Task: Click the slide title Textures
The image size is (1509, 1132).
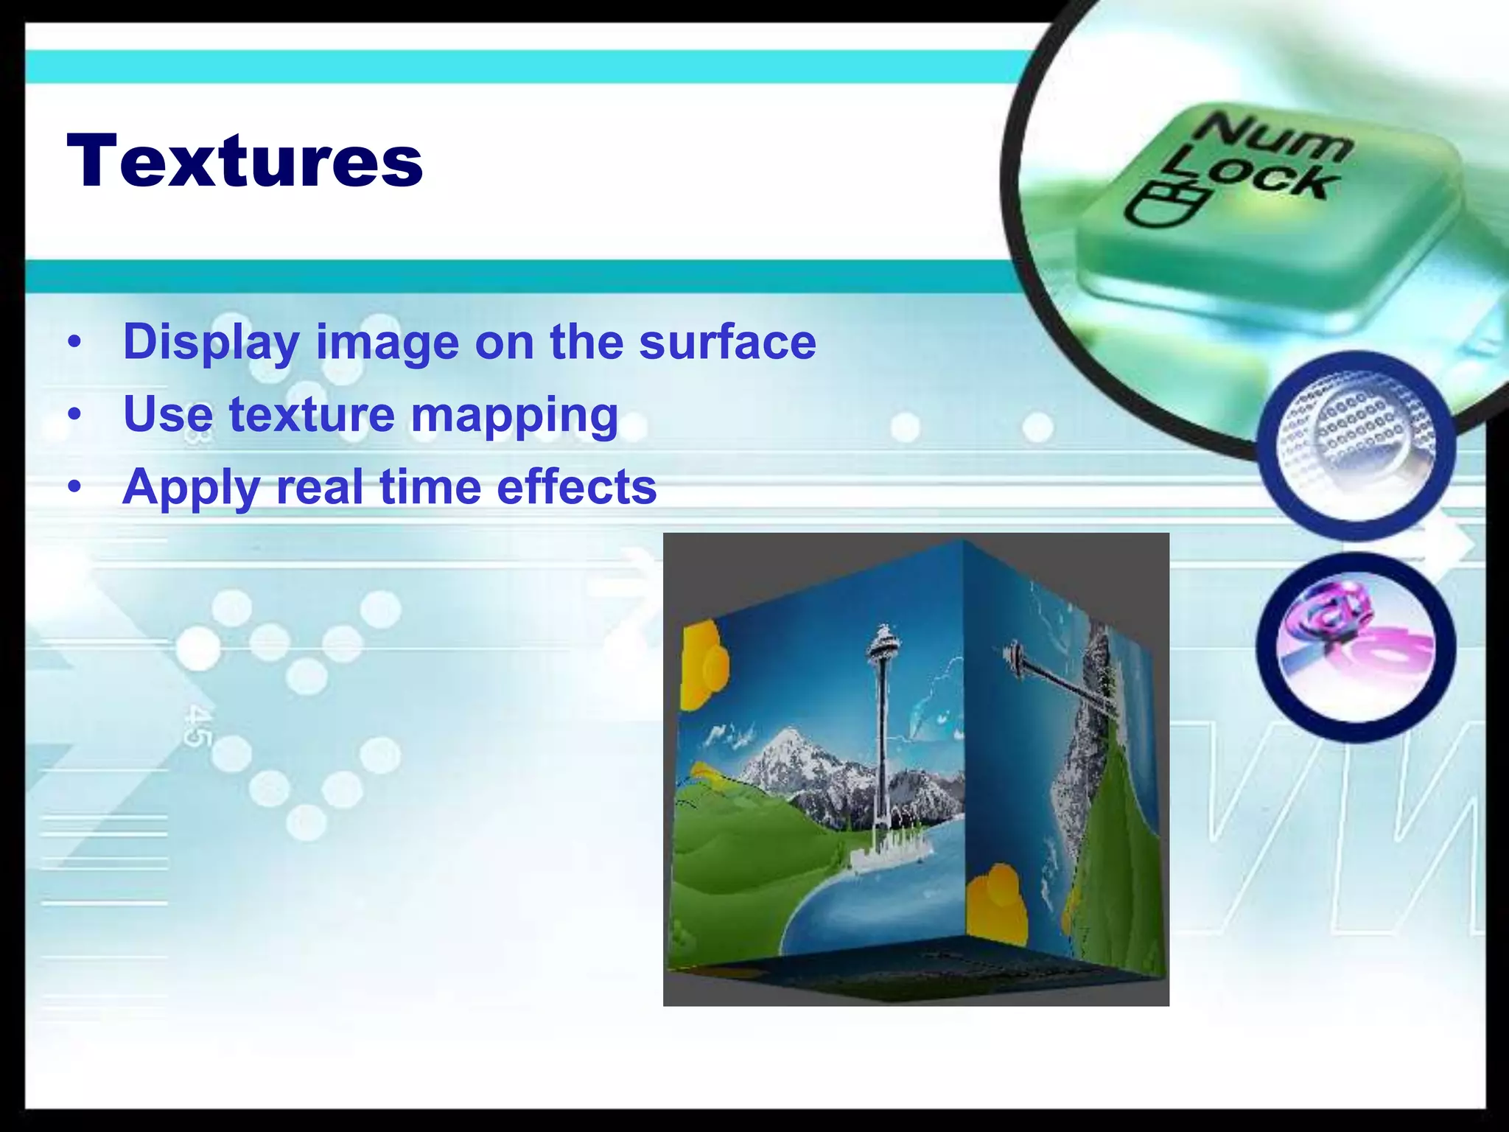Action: coord(245,161)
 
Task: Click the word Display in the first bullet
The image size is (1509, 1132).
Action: coord(211,343)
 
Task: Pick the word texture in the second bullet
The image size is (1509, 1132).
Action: coord(312,415)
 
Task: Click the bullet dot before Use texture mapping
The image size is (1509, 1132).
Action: coord(74,415)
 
